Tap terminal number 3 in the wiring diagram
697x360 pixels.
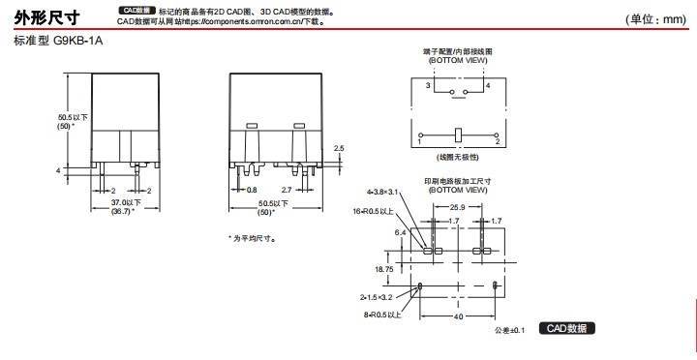(x=427, y=85)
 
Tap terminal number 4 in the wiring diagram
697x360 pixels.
(x=488, y=85)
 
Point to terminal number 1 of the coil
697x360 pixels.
(x=420, y=141)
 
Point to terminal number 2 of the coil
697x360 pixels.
(x=497, y=141)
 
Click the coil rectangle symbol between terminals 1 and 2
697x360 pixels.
(x=458, y=133)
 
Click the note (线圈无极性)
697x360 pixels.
(x=458, y=155)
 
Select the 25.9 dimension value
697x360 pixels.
(x=457, y=206)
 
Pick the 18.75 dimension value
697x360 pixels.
(x=383, y=268)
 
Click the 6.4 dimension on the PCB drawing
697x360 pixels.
(x=400, y=233)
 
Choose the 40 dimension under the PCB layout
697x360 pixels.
(x=457, y=316)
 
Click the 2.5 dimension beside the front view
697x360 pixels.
(x=338, y=148)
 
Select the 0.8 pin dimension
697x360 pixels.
(x=252, y=190)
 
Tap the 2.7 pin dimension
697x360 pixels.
(x=287, y=190)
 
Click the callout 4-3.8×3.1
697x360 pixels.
(x=380, y=192)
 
